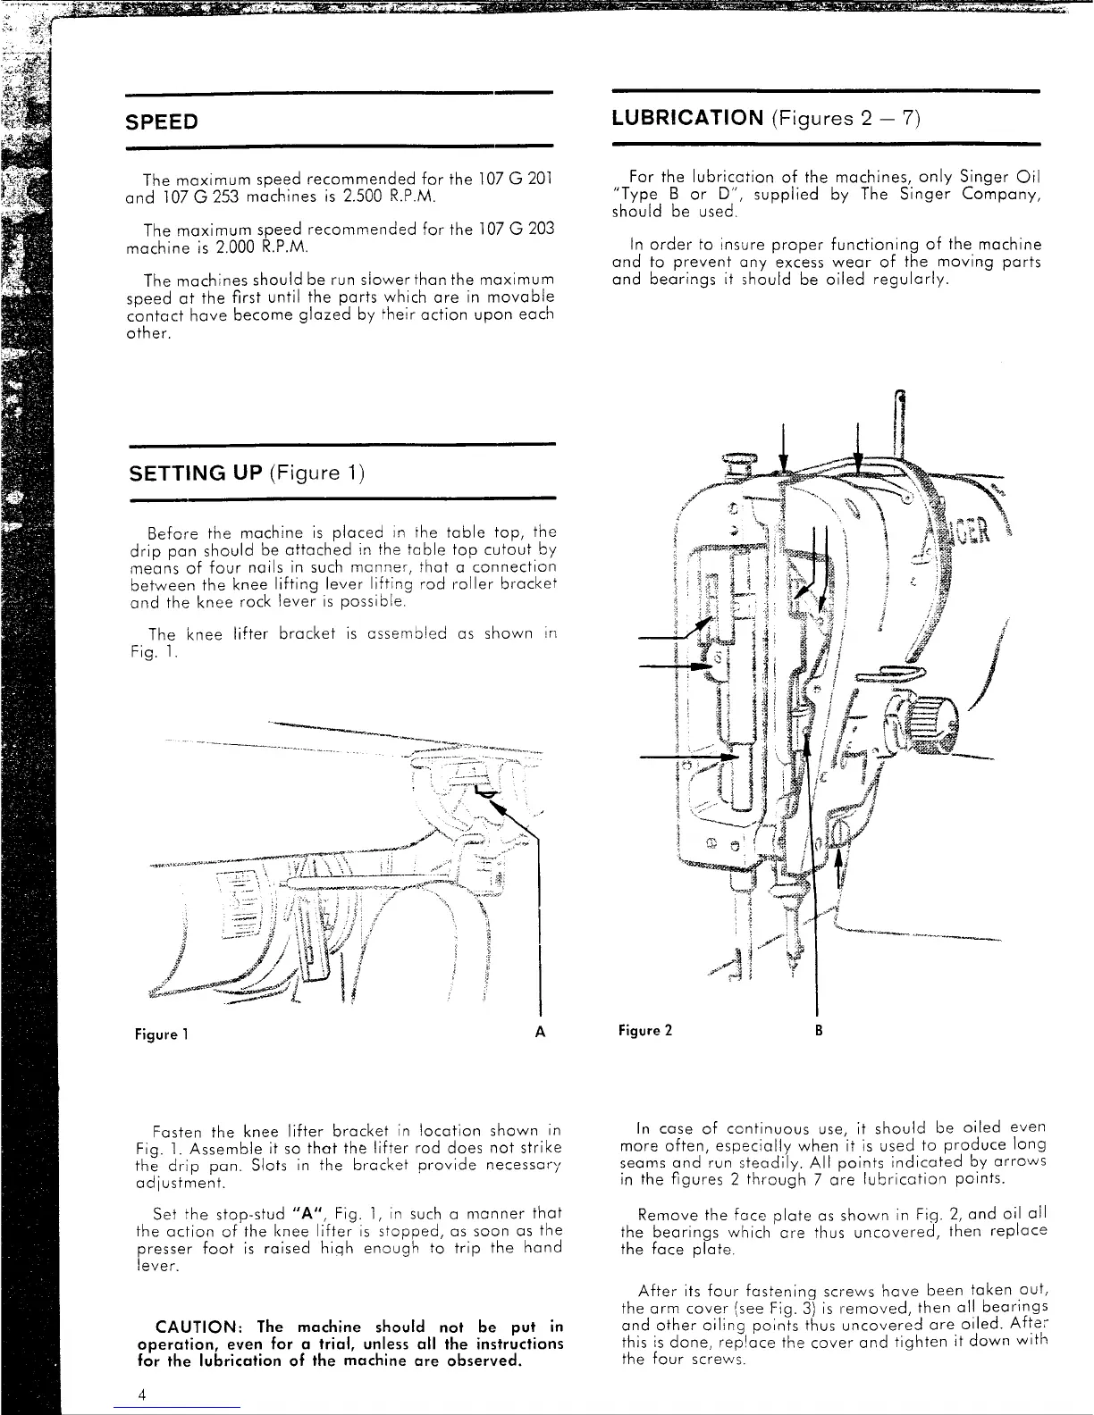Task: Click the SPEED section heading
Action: (x=162, y=121)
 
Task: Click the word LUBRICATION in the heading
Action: (x=686, y=118)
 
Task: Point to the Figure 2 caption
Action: (x=644, y=1030)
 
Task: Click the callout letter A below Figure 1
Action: (x=539, y=1033)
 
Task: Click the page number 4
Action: (x=141, y=1395)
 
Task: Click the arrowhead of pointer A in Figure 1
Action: (x=494, y=805)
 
